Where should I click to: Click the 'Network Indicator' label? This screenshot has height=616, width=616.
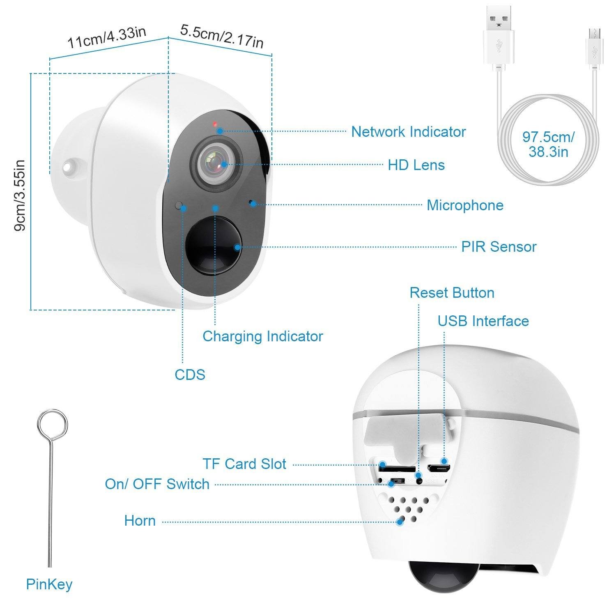408,132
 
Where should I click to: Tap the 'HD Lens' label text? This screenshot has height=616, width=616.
416,165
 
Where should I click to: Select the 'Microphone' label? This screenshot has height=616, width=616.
465,205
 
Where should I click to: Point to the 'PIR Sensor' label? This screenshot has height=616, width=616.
499,247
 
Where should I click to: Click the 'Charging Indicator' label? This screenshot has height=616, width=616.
262,336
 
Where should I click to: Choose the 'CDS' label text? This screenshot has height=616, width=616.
190,375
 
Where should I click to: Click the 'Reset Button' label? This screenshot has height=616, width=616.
452,293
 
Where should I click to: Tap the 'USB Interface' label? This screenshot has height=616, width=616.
483,321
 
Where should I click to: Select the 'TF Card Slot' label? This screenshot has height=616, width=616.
244,464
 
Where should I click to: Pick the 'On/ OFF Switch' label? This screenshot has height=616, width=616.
157,484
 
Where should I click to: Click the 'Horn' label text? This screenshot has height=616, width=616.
140,521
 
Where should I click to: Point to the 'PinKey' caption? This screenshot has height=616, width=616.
49,584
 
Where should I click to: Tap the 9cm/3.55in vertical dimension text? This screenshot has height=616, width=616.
20,195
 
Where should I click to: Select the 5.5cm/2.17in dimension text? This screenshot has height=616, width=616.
222,37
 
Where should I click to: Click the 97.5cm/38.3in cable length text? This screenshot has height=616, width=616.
548,144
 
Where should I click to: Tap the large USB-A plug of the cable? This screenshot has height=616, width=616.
499,35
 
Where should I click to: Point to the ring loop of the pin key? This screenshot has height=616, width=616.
52,425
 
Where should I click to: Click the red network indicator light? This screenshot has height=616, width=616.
214,124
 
